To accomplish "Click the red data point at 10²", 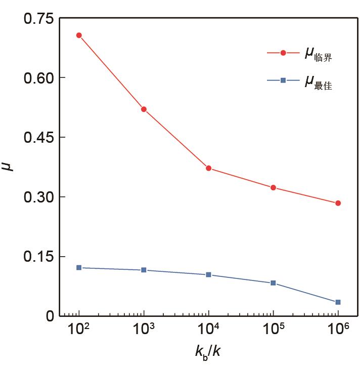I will click(x=79, y=35).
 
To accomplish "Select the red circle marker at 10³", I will click(x=144, y=109).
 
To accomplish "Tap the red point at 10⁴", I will click(x=208, y=168).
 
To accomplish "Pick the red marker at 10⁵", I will click(x=273, y=188).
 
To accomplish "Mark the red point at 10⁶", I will click(x=338, y=203).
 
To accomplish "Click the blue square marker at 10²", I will click(x=79, y=267).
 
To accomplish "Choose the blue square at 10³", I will click(x=144, y=270).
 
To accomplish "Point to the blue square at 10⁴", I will click(x=208, y=275).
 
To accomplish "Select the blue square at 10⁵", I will click(x=273, y=283).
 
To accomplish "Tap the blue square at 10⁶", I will click(x=338, y=302).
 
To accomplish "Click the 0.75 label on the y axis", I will click(x=38, y=19).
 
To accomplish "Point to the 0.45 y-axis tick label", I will click(x=38, y=138).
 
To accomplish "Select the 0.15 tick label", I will click(x=38, y=257).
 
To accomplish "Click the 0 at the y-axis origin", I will click(x=49, y=316).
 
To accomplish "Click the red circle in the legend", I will click(x=283, y=53).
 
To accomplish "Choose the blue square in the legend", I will click(x=283, y=80).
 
